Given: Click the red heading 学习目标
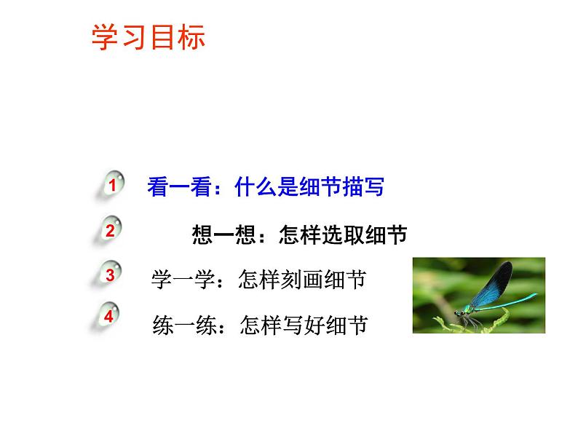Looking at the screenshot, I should pyautogui.click(x=148, y=38).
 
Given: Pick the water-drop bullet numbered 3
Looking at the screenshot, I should pyautogui.click(x=110, y=276).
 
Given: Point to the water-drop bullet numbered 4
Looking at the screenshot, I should pyautogui.click(x=109, y=317).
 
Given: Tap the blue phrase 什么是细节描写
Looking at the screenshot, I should pyautogui.click(x=309, y=188).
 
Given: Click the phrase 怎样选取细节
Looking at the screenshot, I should pyautogui.click(x=337, y=234).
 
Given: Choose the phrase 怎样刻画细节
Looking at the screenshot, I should pyautogui.click(x=302, y=280).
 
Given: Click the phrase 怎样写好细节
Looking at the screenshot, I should pyautogui.click(x=304, y=323).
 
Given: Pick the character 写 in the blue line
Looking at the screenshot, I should pyautogui.click(x=373, y=188).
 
